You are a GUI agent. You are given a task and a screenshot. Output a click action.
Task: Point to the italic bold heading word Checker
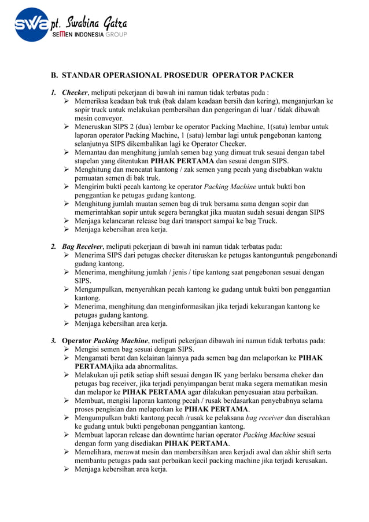click(75, 93)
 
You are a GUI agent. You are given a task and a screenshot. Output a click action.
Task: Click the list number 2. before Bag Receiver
click(54, 246)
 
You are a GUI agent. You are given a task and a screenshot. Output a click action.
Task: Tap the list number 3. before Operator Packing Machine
click(54, 340)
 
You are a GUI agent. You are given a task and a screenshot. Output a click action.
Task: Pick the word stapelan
click(90, 161)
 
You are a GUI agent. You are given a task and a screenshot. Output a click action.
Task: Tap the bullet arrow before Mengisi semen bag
click(67, 350)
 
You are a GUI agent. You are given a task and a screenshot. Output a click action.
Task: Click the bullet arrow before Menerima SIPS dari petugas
click(67, 255)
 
